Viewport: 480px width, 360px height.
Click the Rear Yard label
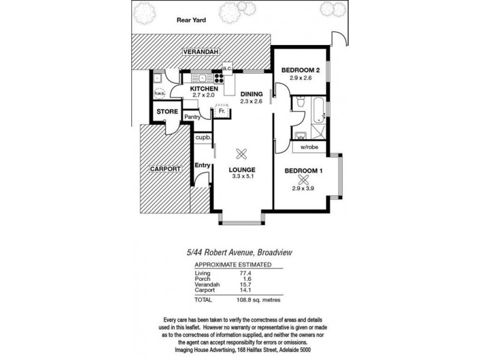pos(191,20)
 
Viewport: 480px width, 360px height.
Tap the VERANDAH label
pos(201,52)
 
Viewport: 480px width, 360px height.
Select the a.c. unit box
pos(227,68)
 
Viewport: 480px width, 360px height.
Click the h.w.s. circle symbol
pos(159,93)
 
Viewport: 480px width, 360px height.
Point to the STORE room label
pos(167,112)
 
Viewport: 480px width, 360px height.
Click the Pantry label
pos(192,117)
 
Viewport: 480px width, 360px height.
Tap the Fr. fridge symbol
pos(221,111)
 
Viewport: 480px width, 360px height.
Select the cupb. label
pos(203,138)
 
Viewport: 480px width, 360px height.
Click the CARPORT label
pos(166,169)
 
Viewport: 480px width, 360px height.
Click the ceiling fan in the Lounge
pos(242,154)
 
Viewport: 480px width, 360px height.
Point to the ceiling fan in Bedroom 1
pos(302,180)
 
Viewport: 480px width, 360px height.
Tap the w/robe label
pos(309,147)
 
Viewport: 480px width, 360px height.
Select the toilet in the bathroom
pos(301,101)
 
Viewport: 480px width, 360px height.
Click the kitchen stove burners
pos(218,79)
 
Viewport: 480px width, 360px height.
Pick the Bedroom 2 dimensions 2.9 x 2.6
pos(301,78)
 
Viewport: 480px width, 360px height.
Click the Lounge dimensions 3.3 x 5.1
pos(243,176)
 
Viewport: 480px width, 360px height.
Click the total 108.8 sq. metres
pos(259,300)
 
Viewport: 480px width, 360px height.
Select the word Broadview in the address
pos(275,253)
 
